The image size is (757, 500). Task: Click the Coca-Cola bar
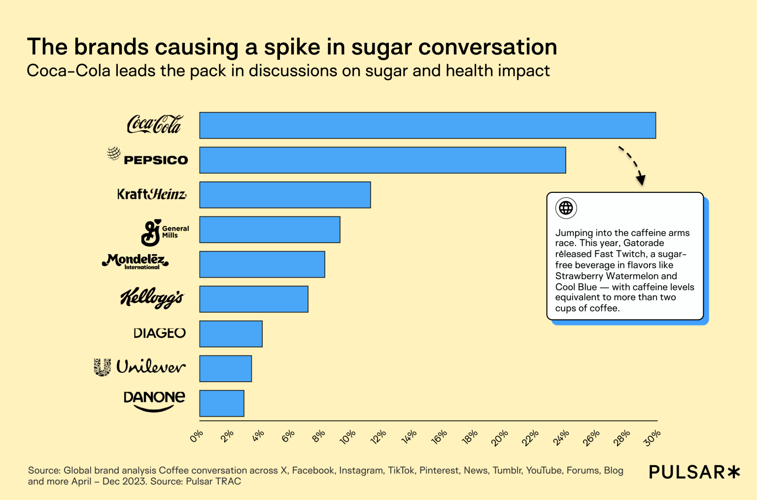pos(427,125)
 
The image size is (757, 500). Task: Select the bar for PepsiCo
pos(382,160)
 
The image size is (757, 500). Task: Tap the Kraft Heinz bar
pos(285,195)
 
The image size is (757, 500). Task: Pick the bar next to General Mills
pos(270,229)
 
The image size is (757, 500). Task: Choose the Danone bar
pos(222,403)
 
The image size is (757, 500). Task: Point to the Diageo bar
pos(231,334)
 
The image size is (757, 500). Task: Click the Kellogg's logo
pos(152,298)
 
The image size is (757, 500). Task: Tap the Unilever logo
pos(140,367)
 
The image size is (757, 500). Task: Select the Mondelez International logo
pos(135,261)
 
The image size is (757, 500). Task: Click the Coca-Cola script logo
pos(154,124)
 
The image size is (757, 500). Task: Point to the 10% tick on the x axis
pos(348,436)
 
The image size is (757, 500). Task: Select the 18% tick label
pos(470,436)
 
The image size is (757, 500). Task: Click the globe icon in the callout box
pos(566,208)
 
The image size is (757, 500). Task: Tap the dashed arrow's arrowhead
pos(640,179)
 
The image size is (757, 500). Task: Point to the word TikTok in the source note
pos(401,470)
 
